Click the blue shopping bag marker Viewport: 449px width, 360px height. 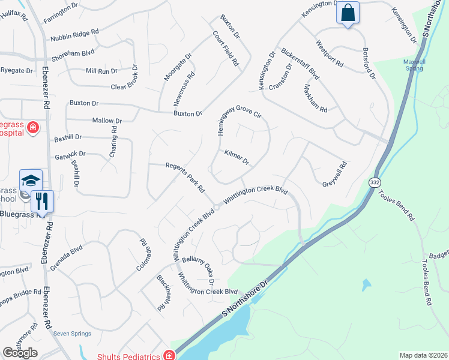tap(348, 13)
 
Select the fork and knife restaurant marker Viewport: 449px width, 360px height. tap(41, 201)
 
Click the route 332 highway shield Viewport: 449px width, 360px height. tap(375, 182)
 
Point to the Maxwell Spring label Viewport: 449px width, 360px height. tap(415, 65)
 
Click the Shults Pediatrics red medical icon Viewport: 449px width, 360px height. tap(170, 356)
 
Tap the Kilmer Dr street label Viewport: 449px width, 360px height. tap(237, 158)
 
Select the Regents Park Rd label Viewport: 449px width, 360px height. tap(186, 178)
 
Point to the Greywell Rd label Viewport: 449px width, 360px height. tap(336, 173)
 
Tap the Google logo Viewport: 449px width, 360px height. tap(20, 353)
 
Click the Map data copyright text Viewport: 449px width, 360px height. tap(423, 355)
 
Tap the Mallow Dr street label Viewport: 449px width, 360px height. tap(107, 121)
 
